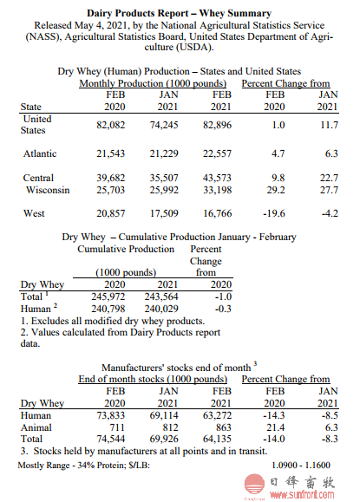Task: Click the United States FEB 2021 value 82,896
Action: [x=217, y=125]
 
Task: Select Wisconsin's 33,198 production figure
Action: [x=217, y=190]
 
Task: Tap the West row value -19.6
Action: [x=274, y=213]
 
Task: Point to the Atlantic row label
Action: [x=40, y=153]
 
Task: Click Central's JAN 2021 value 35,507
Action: [x=164, y=178]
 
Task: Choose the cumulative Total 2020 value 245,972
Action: [x=108, y=297]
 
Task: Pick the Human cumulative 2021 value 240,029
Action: [x=161, y=309]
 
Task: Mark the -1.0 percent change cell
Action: [x=223, y=297]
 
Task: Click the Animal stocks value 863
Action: [x=223, y=427]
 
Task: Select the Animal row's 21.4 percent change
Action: [x=276, y=427]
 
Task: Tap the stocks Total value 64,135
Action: [x=217, y=439]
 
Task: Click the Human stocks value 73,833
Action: [x=111, y=415]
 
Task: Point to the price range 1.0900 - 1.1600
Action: [x=301, y=465]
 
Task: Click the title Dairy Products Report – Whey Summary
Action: [x=179, y=14]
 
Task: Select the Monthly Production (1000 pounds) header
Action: [x=153, y=83]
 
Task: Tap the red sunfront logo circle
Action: [x=255, y=484]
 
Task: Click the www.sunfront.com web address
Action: [x=302, y=495]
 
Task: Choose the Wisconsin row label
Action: [x=48, y=190]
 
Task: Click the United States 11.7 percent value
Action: [x=330, y=125]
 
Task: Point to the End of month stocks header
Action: [x=153, y=379]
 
